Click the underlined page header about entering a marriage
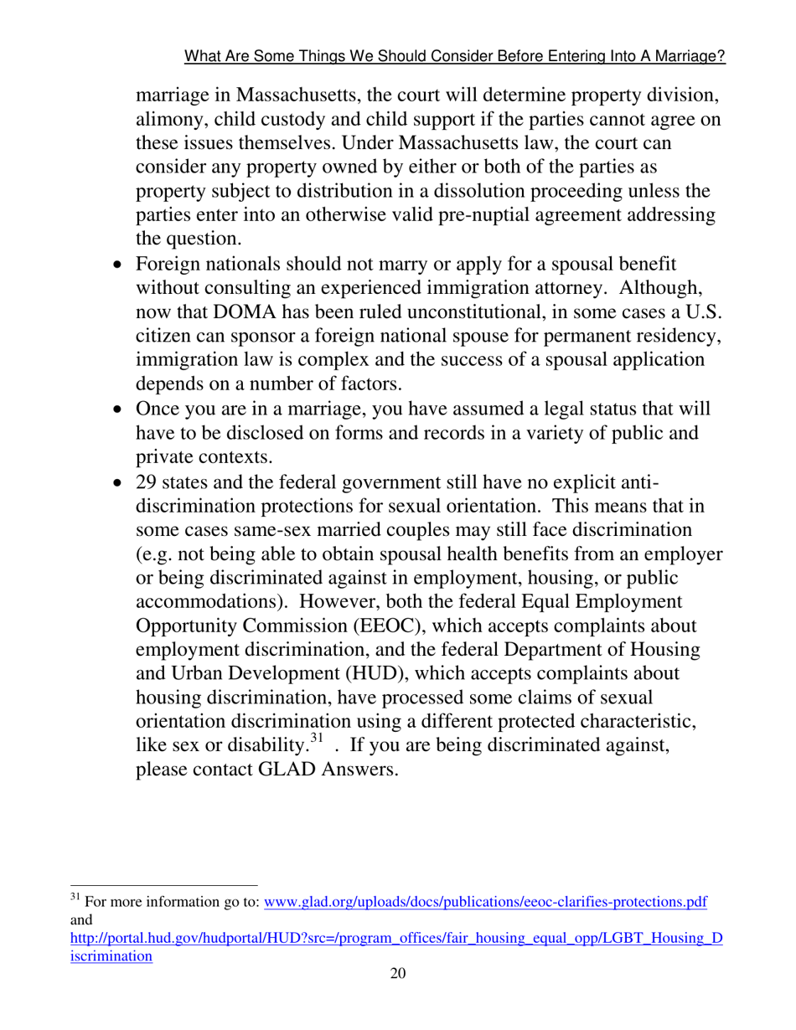coord(454,57)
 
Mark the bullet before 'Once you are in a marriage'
coord(118,410)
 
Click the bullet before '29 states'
coord(118,483)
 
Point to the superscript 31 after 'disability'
coord(316,739)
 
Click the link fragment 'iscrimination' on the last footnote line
coord(110,955)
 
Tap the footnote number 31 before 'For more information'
coord(73,900)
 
